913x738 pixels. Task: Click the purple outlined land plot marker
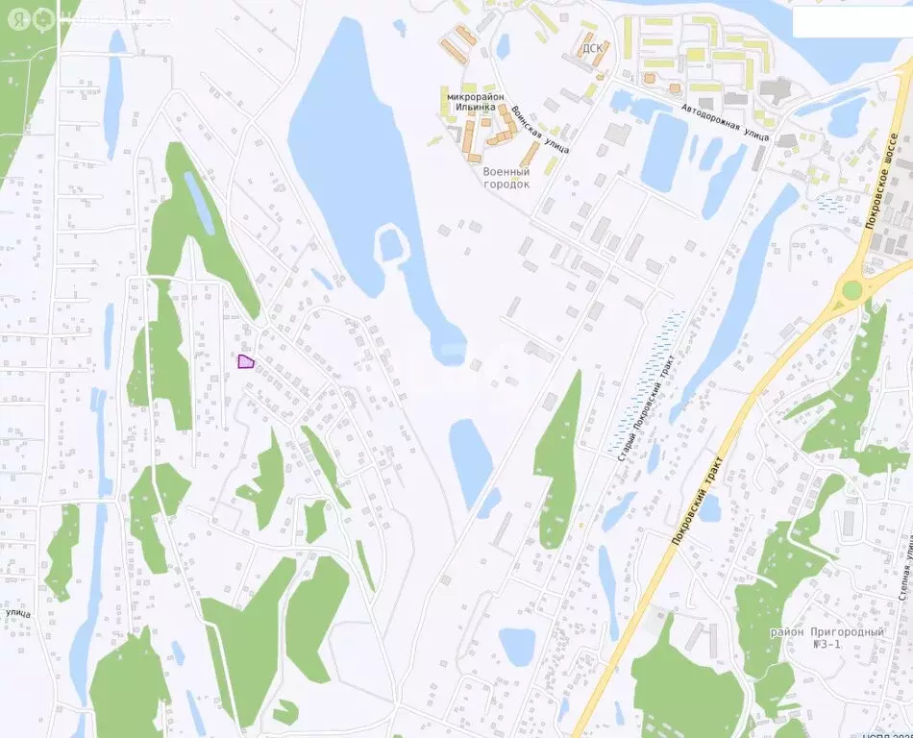coord(246,361)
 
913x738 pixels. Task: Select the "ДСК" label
coord(590,47)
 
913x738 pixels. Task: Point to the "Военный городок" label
coord(506,178)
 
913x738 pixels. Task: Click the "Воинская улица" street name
coord(540,130)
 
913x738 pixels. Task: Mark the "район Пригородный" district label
coord(827,632)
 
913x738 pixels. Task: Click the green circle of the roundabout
coord(851,290)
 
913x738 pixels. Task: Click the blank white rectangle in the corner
coord(850,22)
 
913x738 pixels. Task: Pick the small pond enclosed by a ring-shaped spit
coord(390,246)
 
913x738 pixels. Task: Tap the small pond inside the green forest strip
coord(199,202)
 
